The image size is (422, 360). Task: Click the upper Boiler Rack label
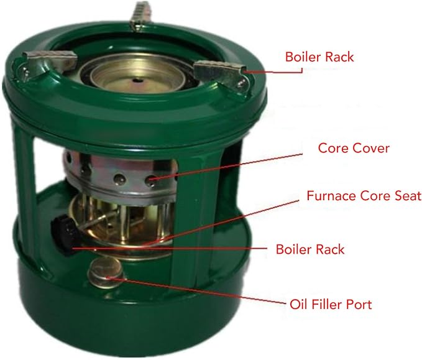tap(319, 57)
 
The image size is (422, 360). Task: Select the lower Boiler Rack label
tap(310, 249)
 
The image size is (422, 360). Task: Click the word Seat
tap(408, 196)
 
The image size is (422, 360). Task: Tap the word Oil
tap(298, 305)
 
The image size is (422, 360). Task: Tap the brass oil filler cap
tap(104, 272)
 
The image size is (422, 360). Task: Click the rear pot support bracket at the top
tap(139, 16)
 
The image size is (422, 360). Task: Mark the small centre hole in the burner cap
tap(139, 80)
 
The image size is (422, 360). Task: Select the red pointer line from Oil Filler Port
tap(197, 291)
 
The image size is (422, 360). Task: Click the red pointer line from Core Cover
tap(227, 166)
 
